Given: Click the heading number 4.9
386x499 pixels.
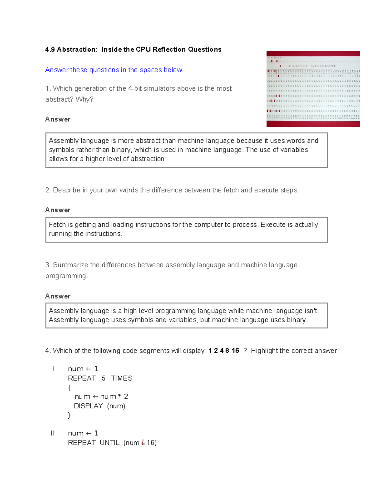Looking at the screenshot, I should [x=50, y=49].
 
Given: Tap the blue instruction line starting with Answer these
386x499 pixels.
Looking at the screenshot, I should [x=114, y=70].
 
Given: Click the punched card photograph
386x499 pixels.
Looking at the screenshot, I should [x=313, y=89].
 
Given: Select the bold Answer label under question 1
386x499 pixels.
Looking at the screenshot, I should [x=58, y=120].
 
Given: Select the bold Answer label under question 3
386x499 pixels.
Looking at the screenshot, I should [x=58, y=296].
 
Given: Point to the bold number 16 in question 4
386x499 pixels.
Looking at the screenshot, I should [x=235, y=351].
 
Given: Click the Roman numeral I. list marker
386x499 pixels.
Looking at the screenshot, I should [x=55, y=369].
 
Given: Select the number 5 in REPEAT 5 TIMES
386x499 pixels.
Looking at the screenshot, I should [x=103, y=379].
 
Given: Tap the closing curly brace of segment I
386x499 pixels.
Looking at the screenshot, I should [x=69, y=415].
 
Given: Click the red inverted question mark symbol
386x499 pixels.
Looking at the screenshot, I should [x=143, y=443].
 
